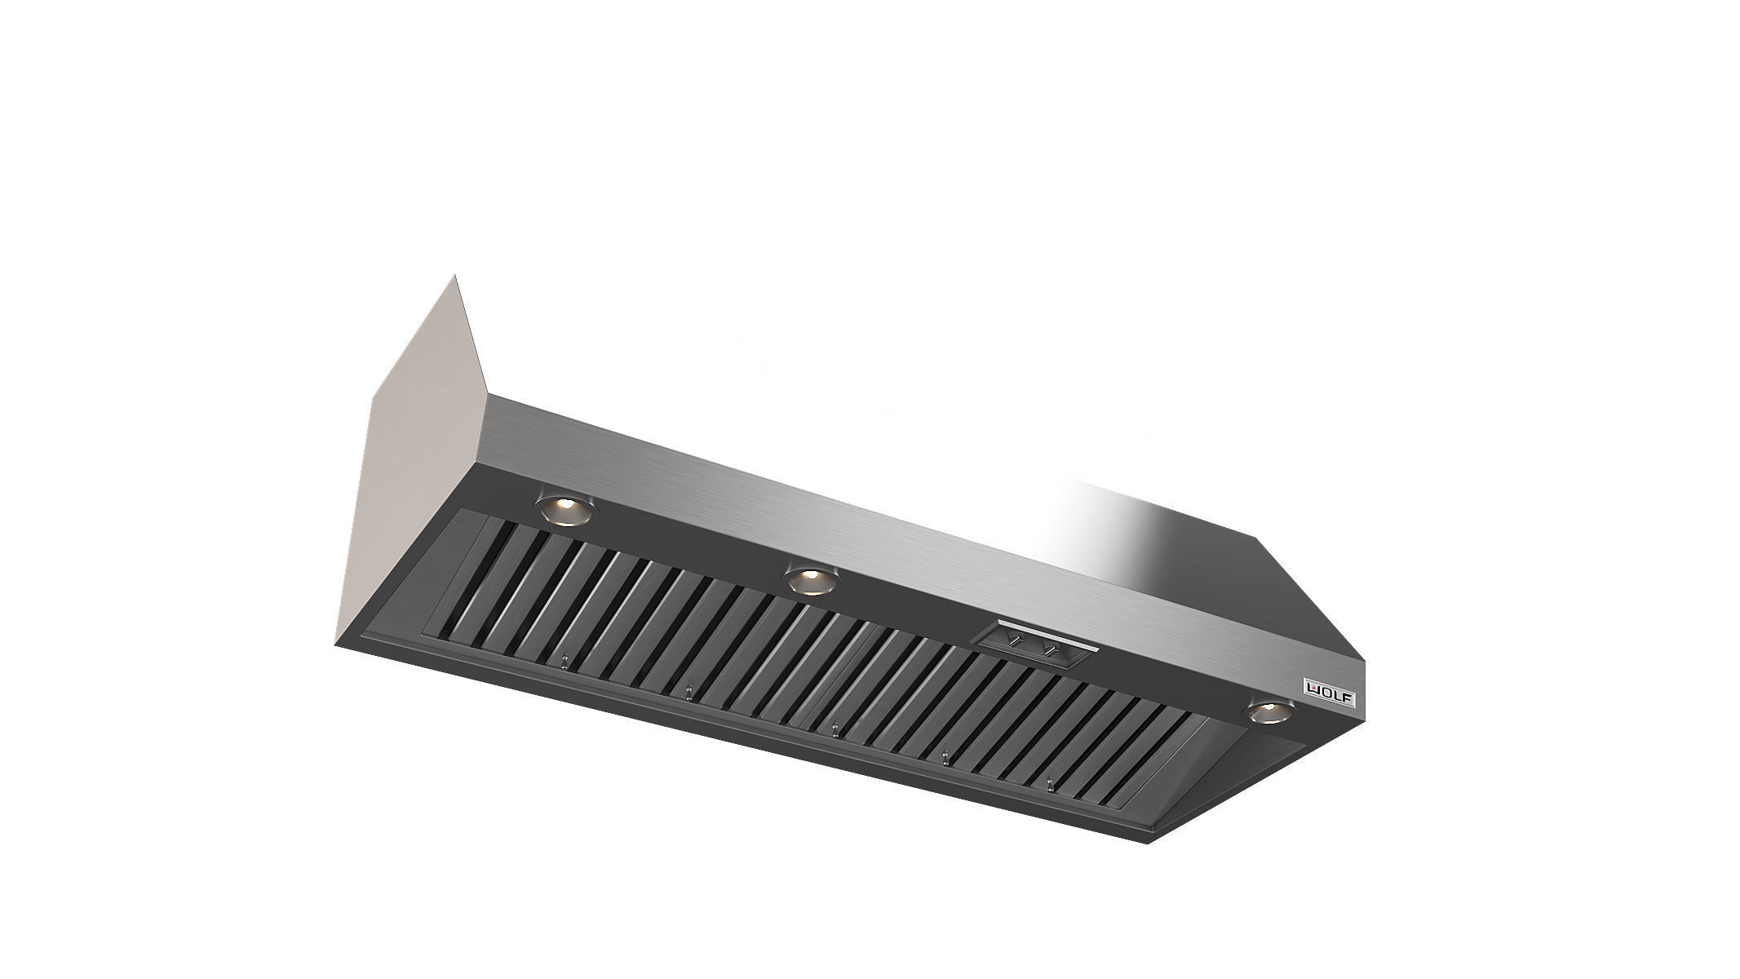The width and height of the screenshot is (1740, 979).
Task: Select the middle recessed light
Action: pyautogui.click(x=809, y=582)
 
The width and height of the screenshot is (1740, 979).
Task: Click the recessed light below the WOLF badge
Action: pyautogui.click(x=1268, y=712)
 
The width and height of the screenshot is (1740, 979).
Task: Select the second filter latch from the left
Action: pyautogui.click(x=689, y=694)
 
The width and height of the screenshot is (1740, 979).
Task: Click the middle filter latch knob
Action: pyautogui.click(x=834, y=728)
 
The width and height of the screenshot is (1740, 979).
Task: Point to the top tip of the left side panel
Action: pyautogui.click(x=455, y=277)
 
